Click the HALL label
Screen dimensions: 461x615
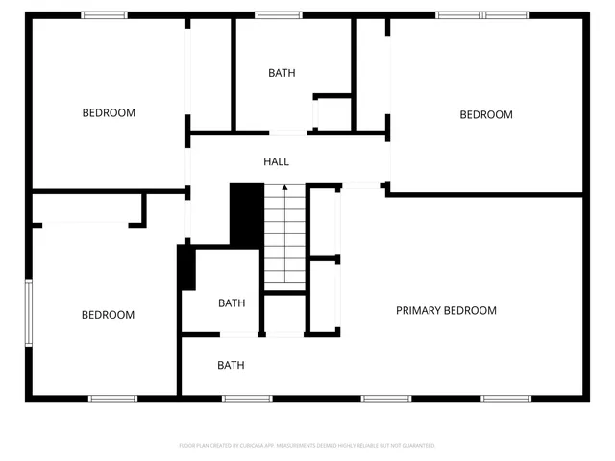(x=277, y=161)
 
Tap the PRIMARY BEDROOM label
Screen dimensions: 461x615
(x=446, y=310)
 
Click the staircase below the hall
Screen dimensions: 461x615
(x=284, y=235)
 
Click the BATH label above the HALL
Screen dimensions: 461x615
(x=282, y=73)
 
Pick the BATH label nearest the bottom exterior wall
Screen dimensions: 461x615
(x=231, y=365)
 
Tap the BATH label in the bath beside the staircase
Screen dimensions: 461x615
(x=232, y=303)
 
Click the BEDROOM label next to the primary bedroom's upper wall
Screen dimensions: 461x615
(x=486, y=115)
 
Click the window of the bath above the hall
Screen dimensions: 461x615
(x=279, y=14)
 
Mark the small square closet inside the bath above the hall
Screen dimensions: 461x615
(x=332, y=113)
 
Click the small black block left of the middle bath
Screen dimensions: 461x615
(x=186, y=268)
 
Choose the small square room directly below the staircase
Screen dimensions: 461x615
(x=284, y=315)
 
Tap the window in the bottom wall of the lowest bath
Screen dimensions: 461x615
(x=248, y=399)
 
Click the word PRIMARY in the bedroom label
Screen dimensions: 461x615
(x=419, y=310)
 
